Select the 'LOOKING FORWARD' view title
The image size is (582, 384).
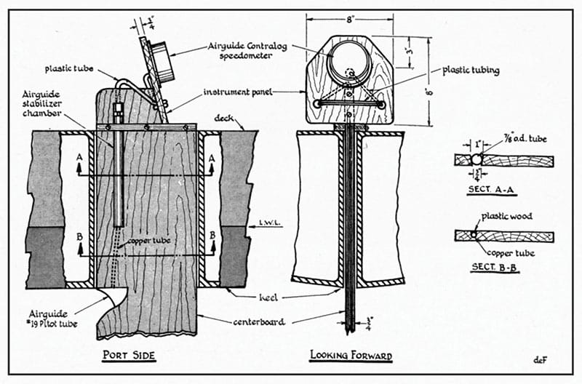coord(351,356)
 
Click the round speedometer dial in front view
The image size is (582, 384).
coord(348,60)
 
